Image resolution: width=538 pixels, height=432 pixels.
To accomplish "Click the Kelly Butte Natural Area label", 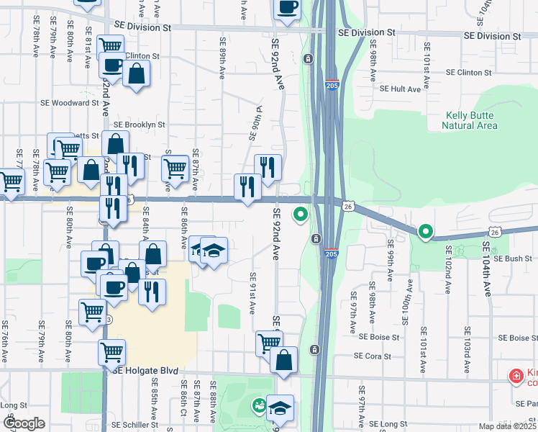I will [x=471, y=120].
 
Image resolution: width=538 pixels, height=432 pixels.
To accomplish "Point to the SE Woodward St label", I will [x=69, y=103].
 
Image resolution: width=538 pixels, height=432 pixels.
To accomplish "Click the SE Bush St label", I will [x=511, y=258].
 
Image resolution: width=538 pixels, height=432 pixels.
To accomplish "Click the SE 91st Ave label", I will [x=252, y=292].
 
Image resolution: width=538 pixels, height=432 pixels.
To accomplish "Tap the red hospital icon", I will [x=516, y=376].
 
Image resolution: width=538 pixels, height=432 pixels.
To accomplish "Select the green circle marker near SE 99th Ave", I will [x=425, y=232].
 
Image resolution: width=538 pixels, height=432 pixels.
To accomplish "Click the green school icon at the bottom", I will [x=257, y=407].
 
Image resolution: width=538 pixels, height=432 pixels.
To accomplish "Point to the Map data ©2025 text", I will [x=497, y=426].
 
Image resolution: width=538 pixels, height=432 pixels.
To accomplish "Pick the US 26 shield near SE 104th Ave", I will [x=495, y=232].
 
